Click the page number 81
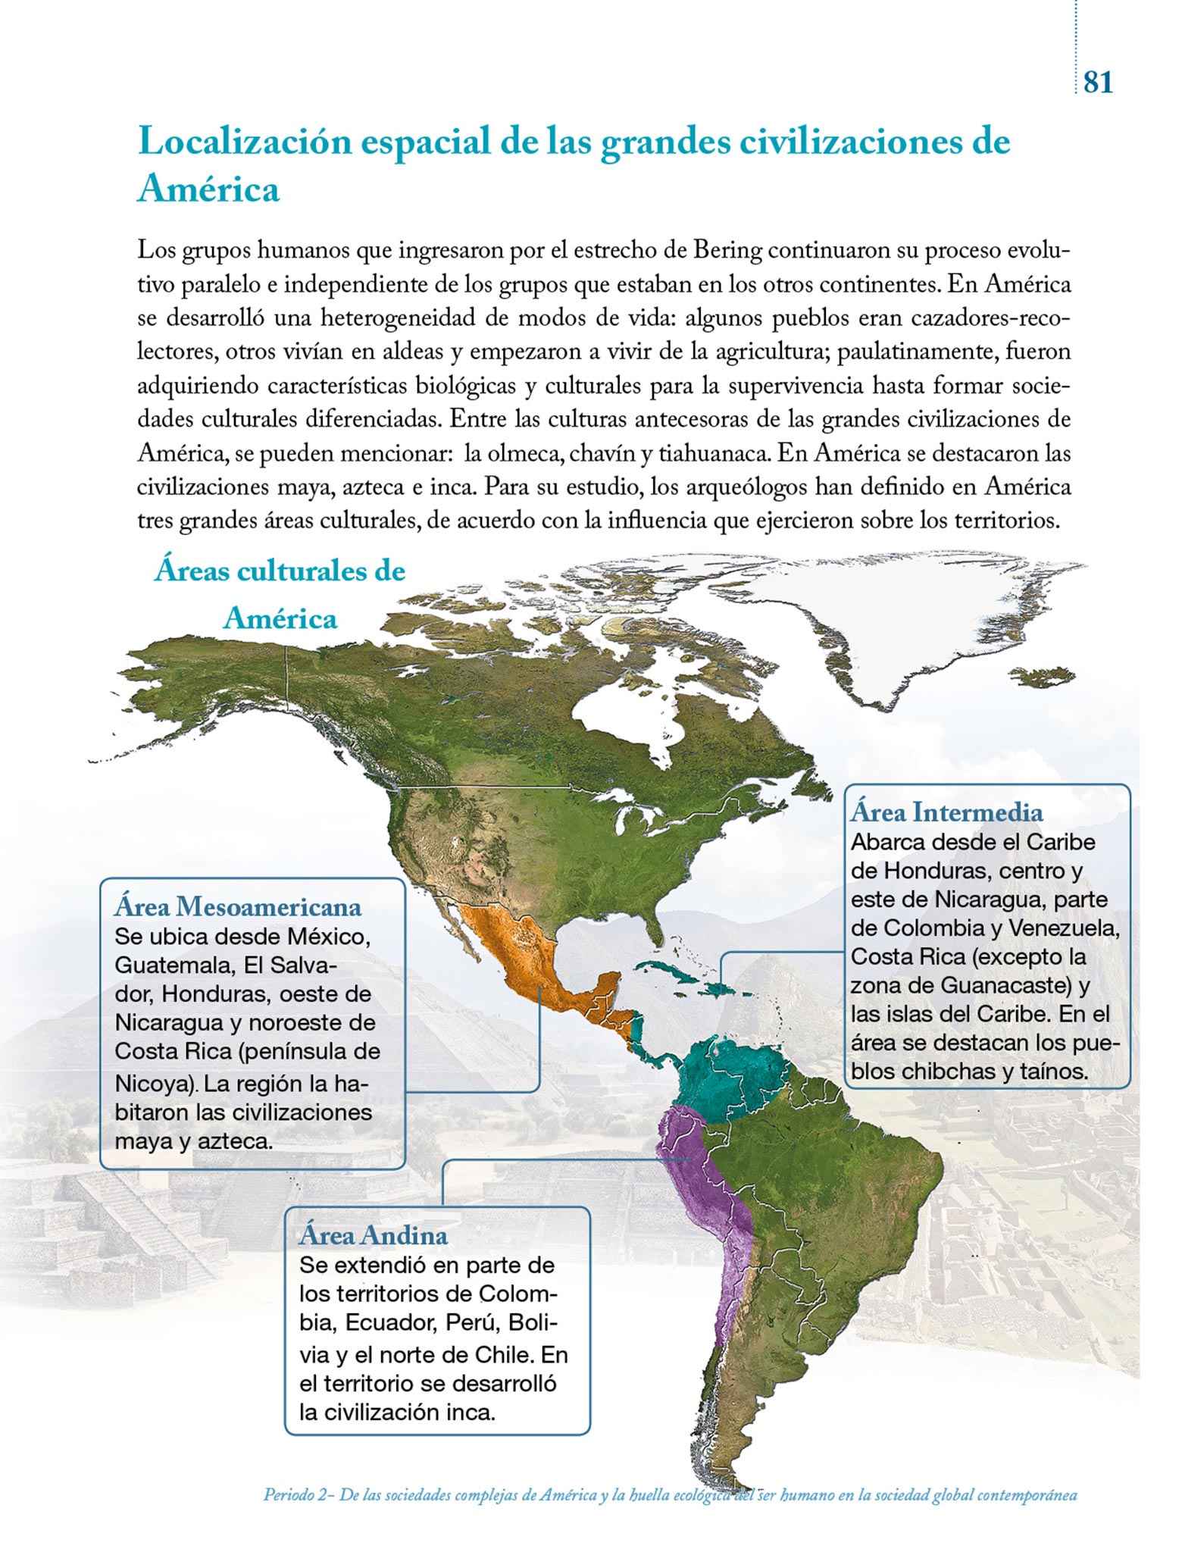(x=1098, y=81)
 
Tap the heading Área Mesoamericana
(x=238, y=906)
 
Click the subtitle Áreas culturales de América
(x=280, y=595)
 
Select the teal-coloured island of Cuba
(x=667, y=969)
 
